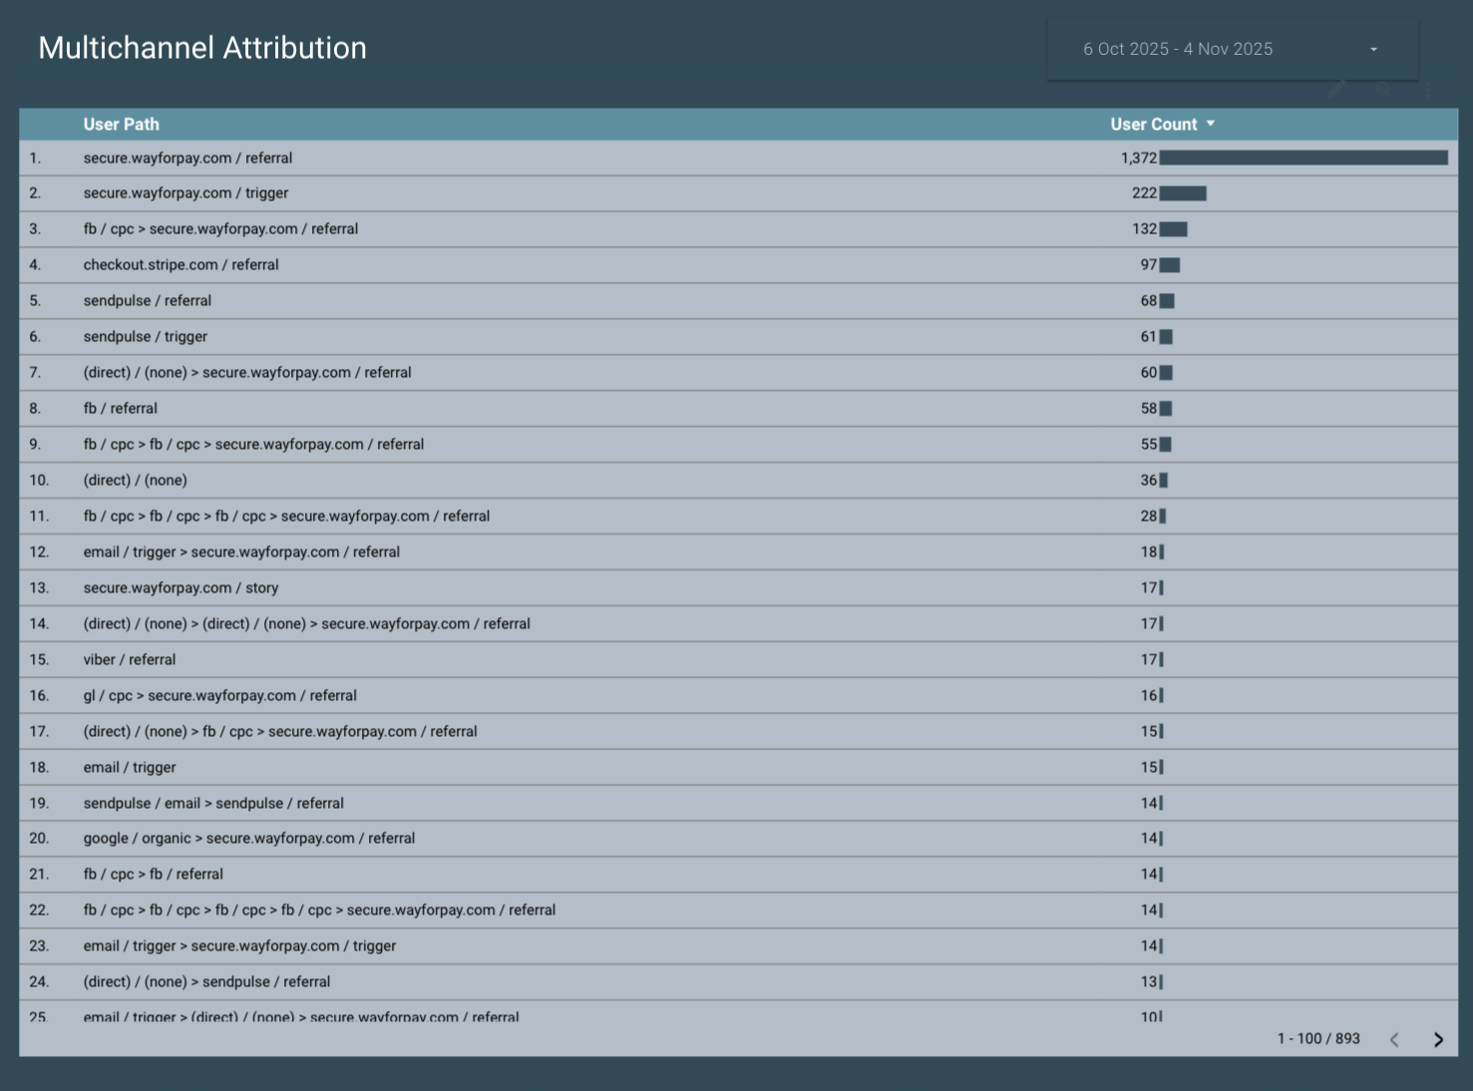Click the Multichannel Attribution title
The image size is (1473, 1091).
coord(202,48)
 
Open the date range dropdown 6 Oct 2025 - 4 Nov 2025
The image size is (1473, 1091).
coord(1232,49)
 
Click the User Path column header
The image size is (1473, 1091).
coord(121,125)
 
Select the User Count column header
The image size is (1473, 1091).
coord(1154,125)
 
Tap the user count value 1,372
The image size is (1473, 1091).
coord(1138,158)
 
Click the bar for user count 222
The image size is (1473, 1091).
coord(1183,193)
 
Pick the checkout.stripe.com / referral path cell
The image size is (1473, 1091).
coord(181,264)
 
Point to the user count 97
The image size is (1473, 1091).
coord(1148,264)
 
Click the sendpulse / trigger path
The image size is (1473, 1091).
coord(145,336)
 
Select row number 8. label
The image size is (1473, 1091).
coord(36,408)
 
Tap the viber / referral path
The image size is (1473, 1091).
coord(129,659)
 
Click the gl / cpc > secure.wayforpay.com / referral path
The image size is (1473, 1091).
coord(219,695)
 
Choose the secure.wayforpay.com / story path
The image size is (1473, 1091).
coord(181,587)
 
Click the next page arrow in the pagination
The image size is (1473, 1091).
coord(1438,1039)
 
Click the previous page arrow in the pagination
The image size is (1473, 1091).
coord(1394,1039)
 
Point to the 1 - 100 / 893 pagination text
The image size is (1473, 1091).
coord(1317,1038)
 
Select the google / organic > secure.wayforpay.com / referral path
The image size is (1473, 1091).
coord(248,838)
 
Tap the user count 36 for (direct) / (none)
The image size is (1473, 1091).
coord(1148,480)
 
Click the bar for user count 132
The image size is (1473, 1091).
coord(1173,229)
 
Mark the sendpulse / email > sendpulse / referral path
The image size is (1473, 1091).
coord(212,803)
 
